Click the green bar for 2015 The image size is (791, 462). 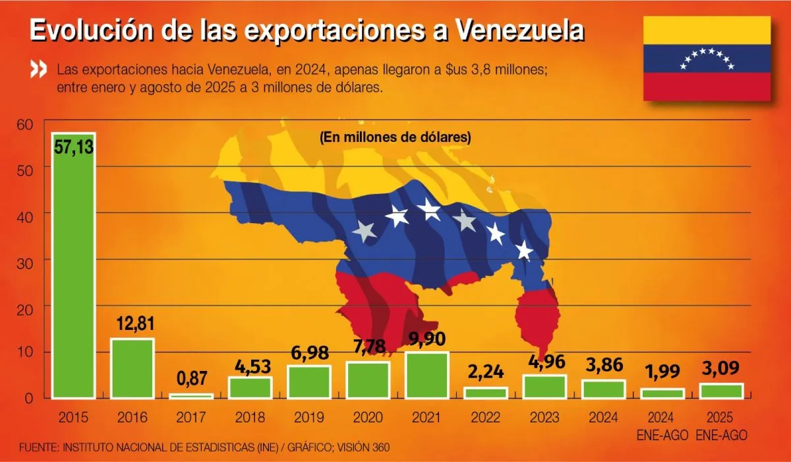74,271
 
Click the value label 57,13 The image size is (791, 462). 74,148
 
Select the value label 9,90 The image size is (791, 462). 426,339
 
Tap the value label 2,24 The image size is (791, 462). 485,373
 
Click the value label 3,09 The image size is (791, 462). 721,368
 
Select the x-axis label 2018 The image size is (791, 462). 250,418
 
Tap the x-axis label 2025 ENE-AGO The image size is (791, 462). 721,425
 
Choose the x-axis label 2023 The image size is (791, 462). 544,418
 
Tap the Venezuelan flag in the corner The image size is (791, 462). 707,59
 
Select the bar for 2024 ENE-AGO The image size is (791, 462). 662,393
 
